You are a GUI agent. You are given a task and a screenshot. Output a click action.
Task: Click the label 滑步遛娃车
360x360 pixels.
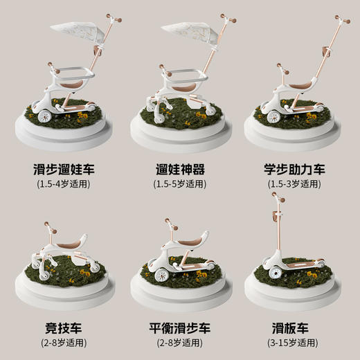pos(64,168)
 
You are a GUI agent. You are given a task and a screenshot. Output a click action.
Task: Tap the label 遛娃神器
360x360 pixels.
pos(179,168)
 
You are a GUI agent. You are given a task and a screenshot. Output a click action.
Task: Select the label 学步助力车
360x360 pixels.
pos(295,168)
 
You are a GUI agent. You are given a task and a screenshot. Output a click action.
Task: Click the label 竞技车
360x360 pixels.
pos(64,328)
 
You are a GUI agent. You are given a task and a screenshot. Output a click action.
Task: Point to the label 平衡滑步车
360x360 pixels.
pos(179,328)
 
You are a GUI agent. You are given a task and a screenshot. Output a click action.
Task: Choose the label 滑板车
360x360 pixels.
pos(295,328)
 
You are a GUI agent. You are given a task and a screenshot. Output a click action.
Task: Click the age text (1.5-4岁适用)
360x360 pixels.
pos(64,184)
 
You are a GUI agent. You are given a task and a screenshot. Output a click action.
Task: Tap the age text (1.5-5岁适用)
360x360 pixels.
pos(179,184)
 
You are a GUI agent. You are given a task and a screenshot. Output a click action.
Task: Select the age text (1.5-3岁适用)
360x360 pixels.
pos(295,184)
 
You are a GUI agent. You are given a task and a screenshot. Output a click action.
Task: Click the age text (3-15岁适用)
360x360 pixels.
pos(295,344)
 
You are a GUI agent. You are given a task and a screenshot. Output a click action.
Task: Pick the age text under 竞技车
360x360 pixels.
pos(64,344)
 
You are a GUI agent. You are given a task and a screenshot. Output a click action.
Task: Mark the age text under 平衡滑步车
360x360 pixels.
pos(179,344)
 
